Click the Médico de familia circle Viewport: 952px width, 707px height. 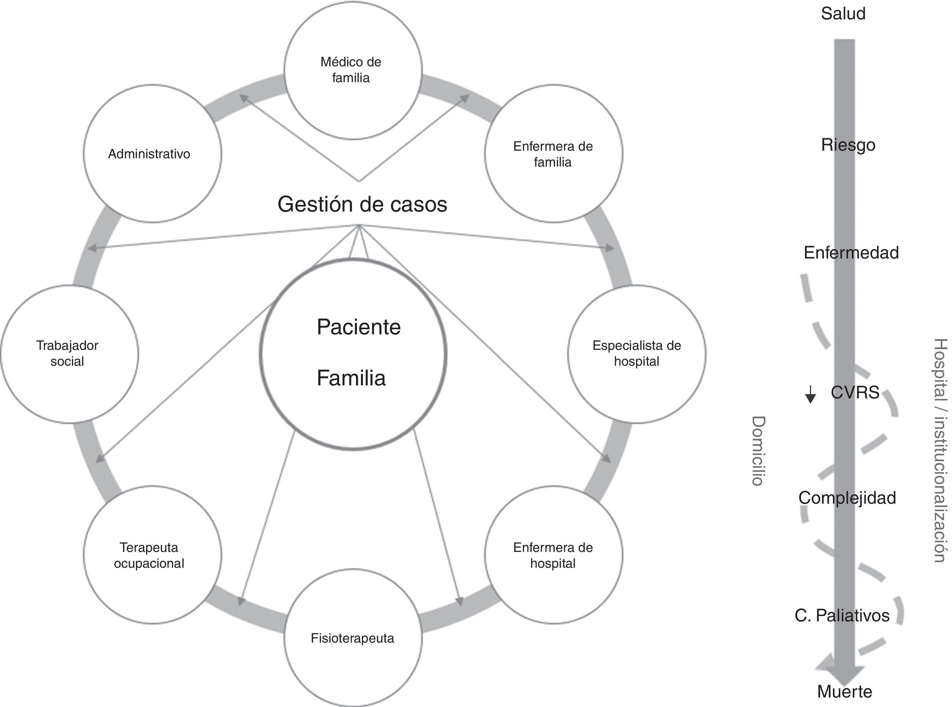pos(353,70)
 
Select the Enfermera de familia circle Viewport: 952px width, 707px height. pos(553,154)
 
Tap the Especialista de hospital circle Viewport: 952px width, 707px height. pos(637,354)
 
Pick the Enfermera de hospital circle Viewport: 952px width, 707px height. pos(553,555)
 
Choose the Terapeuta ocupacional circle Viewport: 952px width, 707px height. pos(152,555)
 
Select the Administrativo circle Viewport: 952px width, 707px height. pos(152,154)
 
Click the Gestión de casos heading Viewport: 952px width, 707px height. pos(362,204)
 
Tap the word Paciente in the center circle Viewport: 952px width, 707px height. pos(359,327)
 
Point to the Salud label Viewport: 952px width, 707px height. pos(843,14)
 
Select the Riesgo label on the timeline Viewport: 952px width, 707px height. pos(848,145)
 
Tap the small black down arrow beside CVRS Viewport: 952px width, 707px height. pos(810,395)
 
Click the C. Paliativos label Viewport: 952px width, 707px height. pos(842,615)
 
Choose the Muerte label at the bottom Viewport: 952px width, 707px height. pos(844,691)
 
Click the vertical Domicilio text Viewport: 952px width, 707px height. pos(758,451)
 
